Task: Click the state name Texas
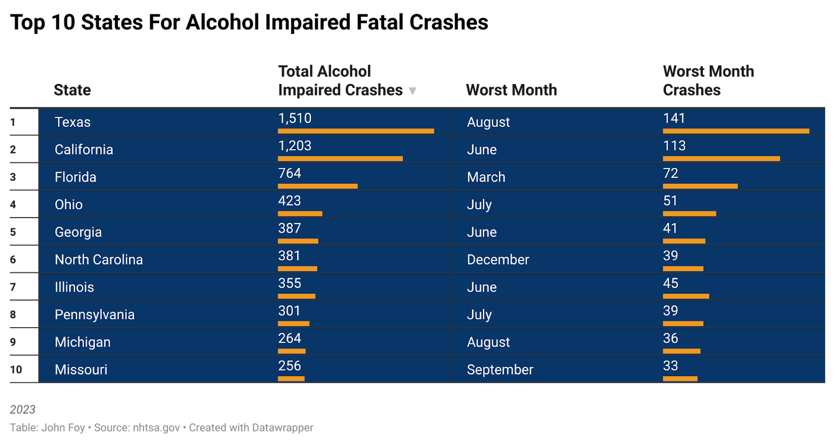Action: (x=73, y=122)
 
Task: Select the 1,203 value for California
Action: (x=295, y=146)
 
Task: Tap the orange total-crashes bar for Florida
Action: (x=317, y=186)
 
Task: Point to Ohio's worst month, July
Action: (x=479, y=205)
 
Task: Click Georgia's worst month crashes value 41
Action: (x=670, y=229)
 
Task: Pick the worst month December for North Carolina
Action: (x=498, y=260)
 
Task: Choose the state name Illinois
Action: (x=74, y=287)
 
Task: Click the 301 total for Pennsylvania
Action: (x=289, y=311)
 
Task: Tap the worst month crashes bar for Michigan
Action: (x=682, y=351)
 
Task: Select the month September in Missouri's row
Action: (x=500, y=370)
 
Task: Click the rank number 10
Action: (x=16, y=370)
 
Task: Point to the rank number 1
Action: (x=13, y=122)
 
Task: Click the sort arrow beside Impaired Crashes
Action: (x=412, y=91)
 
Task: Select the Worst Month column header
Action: (x=511, y=90)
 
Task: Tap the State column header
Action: (x=73, y=90)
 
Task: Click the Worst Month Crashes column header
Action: (x=708, y=81)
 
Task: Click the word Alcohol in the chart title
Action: (x=222, y=22)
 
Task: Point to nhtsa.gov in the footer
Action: (x=157, y=428)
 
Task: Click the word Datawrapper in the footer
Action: (x=282, y=428)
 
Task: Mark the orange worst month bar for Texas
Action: (x=736, y=131)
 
